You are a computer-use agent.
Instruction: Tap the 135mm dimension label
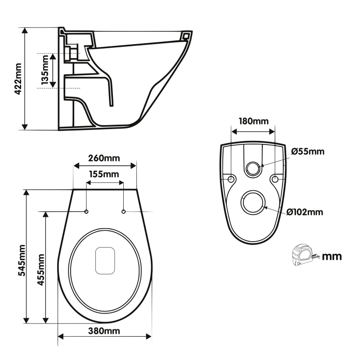[x=45, y=71]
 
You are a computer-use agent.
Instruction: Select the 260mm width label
[x=104, y=158]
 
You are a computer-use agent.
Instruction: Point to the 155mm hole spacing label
[x=104, y=174]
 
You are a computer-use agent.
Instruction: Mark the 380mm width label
[x=104, y=331]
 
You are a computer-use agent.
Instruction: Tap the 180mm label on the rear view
[x=253, y=121]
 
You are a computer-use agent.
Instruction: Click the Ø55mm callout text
[x=308, y=151]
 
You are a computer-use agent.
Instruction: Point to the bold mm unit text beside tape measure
[x=332, y=257]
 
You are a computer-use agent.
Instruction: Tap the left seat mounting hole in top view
[x=86, y=211]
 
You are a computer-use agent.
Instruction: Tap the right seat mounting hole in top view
[x=123, y=211]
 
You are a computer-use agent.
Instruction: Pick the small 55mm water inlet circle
[x=253, y=169]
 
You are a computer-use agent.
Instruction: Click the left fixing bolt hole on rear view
[x=231, y=179]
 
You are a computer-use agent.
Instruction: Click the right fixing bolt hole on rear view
[x=274, y=179]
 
